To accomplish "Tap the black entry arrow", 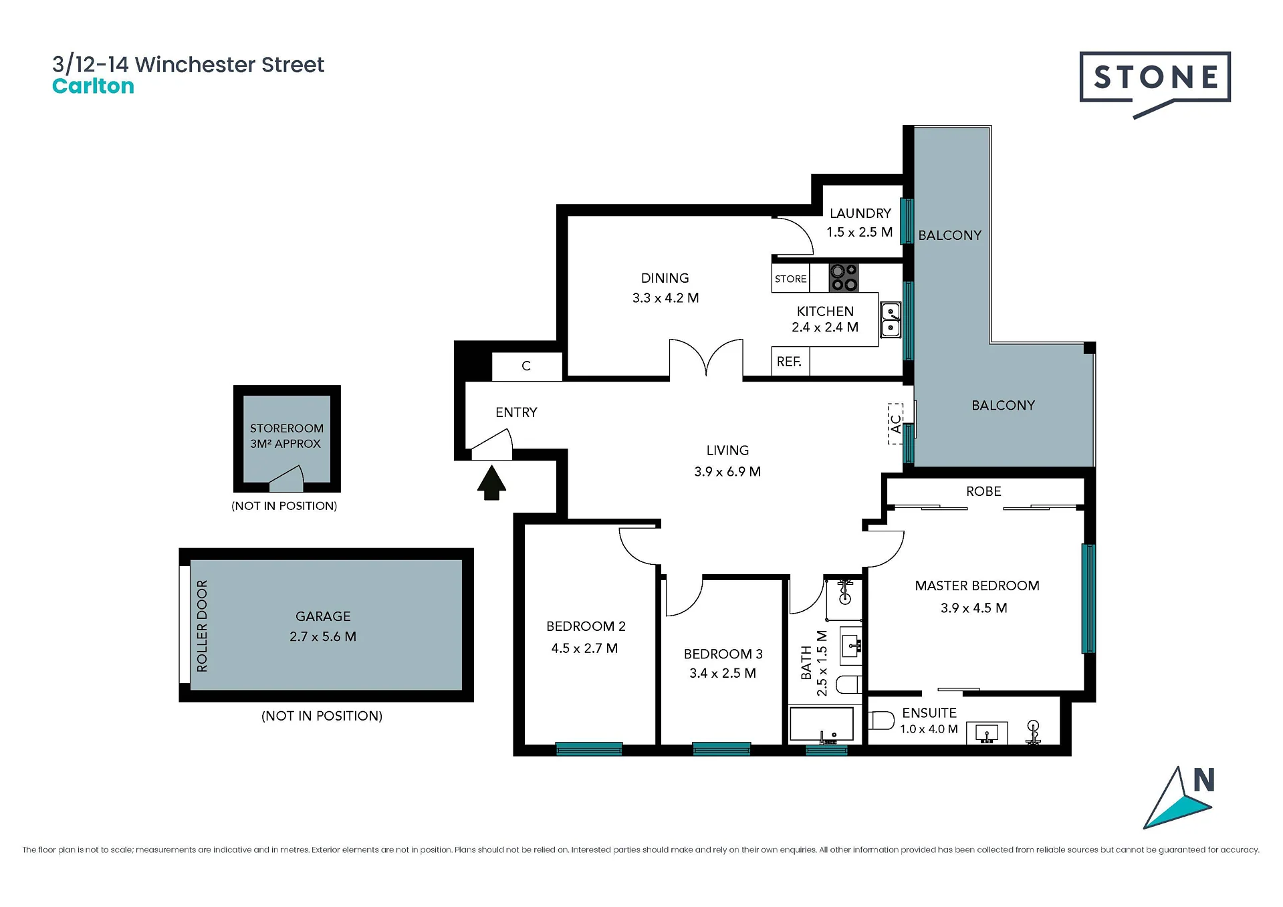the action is coord(491,483).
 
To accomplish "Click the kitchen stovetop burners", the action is coord(844,278).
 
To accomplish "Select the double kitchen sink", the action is coord(891,320).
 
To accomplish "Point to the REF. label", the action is coord(789,362).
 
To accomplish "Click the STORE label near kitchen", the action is coord(790,279).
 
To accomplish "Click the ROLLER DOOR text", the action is coord(202,626).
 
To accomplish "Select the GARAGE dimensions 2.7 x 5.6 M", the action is coord(323,636).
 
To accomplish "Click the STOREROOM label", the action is coord(287,428).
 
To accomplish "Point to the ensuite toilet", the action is coord(881,721).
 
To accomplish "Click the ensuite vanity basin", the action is coord(987,733).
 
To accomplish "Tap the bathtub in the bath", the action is coord(822,724).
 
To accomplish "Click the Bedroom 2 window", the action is coord(589,749).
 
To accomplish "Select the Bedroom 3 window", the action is coord(721,749).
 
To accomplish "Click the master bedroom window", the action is coord(1088,598).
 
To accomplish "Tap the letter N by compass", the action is coord(1203,779).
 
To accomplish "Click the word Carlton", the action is coord(93,86).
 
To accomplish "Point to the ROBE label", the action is coord(983,491).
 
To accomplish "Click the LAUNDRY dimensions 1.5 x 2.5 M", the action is coord(860,232).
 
